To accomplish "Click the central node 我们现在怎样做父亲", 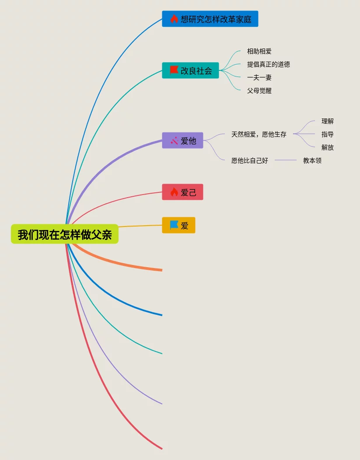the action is (65, 234).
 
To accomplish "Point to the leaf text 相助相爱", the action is (259, 52).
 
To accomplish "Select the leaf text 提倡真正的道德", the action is (268, 65).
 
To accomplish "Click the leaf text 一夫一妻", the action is (259, 78).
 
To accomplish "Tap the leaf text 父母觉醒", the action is (259, 91).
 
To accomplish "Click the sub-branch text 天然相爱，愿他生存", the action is (259, 135).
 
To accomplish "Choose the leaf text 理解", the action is (327, 122).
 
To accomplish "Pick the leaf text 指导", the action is (327, 135).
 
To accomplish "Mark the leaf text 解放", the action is (327, 148).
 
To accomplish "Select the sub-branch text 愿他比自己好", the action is (249, 161).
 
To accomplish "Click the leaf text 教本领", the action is (312, 161).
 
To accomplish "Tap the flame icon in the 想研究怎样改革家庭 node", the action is (174, 19).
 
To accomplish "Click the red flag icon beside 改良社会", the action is (174, 70).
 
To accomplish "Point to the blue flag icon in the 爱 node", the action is (174, 225).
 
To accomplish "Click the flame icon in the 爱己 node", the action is (174, 192).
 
